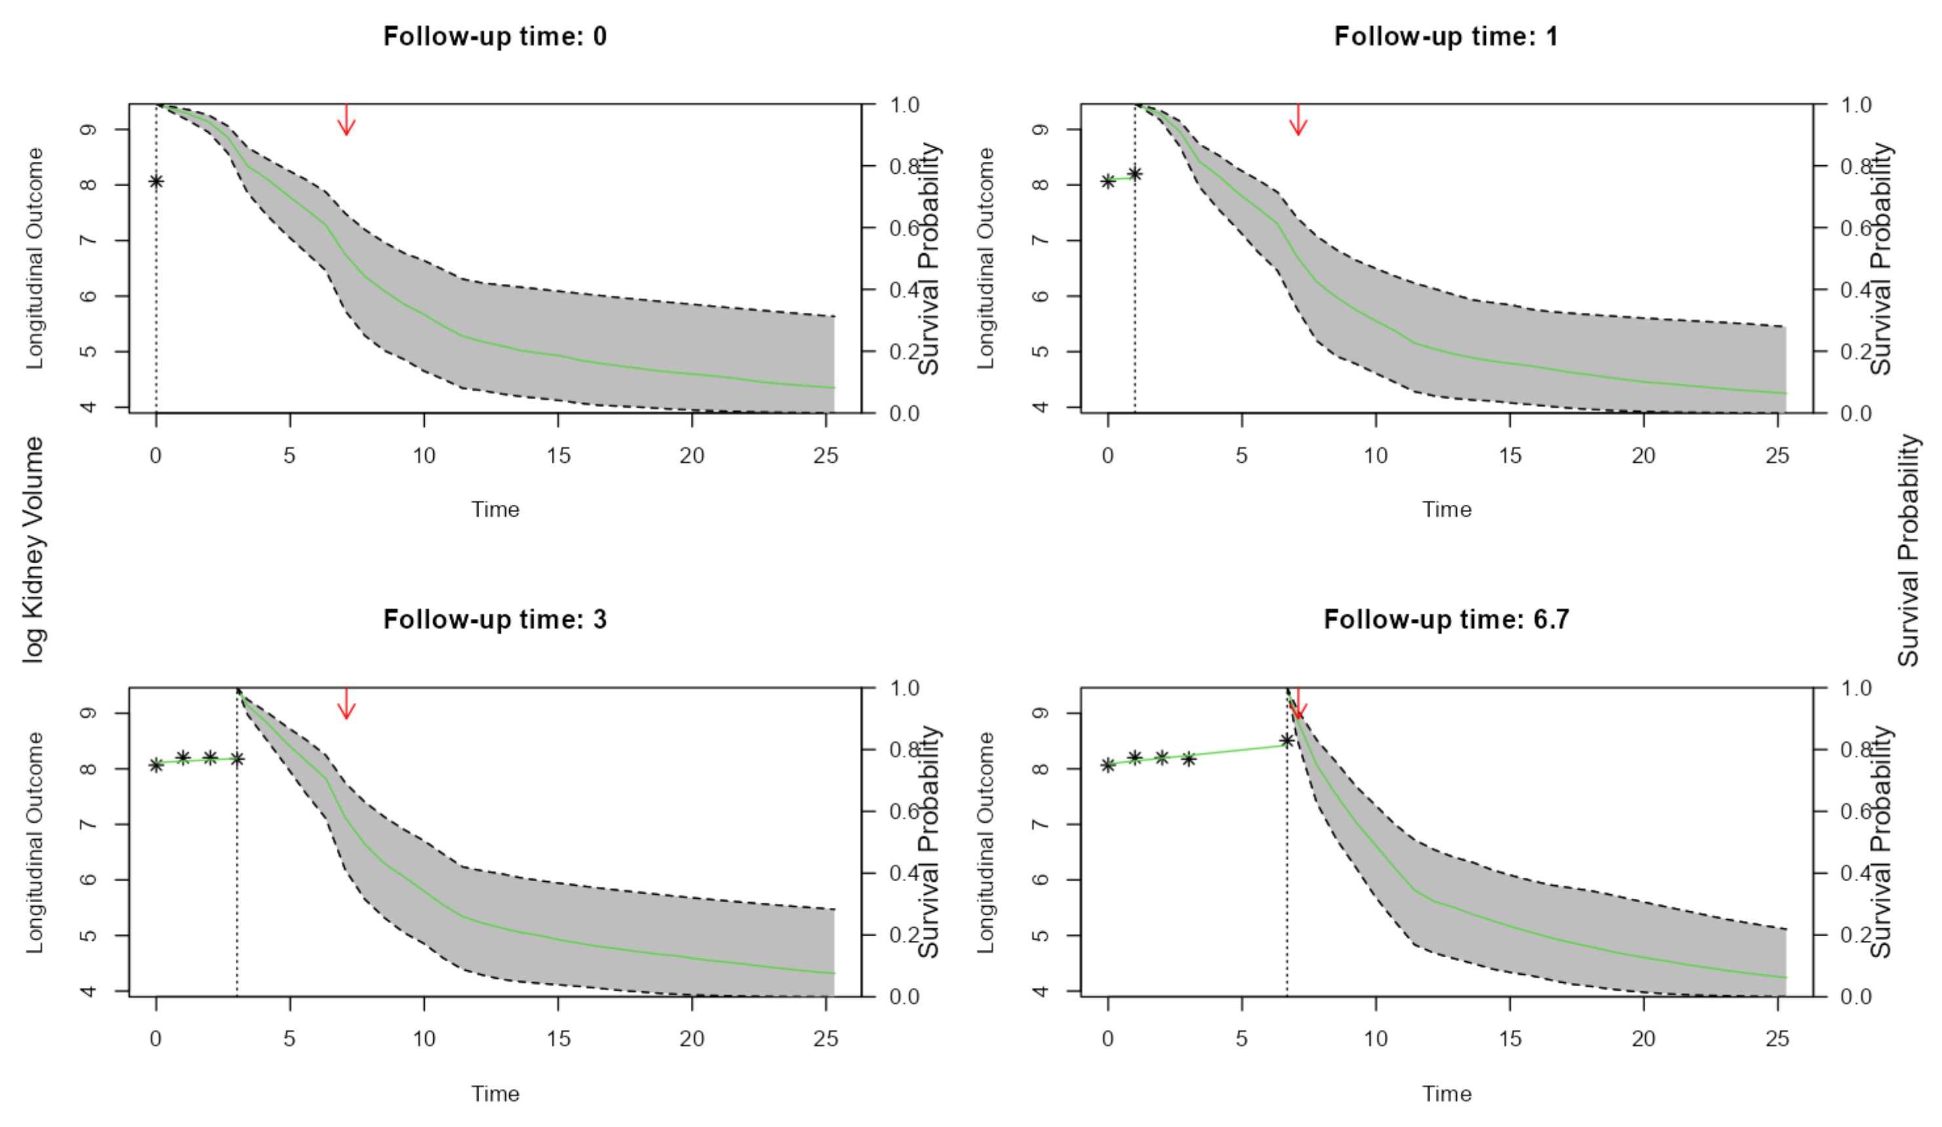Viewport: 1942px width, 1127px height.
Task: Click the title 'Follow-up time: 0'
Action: click(x=495, y=36)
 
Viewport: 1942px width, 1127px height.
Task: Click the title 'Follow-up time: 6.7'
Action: click(x=1446, y=619)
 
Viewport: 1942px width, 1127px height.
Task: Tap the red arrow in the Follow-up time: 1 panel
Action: click(x=1298, y=120)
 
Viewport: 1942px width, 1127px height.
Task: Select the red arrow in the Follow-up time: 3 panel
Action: click(x=347, y=703)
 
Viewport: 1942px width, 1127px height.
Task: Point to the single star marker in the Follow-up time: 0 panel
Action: click(x=157, y=181)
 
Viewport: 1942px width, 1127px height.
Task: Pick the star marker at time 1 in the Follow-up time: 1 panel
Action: click(x=1135, y=174)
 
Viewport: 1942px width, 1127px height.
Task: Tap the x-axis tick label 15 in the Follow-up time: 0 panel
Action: click(x=558, y=456)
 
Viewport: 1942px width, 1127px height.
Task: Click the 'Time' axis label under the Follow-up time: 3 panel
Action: click(x=495, y=1093)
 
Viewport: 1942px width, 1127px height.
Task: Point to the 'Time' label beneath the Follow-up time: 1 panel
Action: click(x=1447, y=509)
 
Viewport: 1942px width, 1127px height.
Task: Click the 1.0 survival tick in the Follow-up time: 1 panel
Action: click(x=1855, y=105)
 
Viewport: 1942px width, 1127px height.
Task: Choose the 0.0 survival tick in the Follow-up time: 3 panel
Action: click(x=904, y=997)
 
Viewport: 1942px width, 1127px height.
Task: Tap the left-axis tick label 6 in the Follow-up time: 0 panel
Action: click(x=89, y=296)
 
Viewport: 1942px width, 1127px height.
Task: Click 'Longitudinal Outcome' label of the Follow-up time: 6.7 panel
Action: click(x=986, y=842)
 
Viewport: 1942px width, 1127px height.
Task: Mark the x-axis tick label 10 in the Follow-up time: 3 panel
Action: click(x=424, y=1038)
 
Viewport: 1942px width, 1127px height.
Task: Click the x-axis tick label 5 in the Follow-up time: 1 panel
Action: click(x=1241, y=456)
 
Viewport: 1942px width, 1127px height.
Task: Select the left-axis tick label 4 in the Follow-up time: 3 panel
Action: click(x=89, y=991)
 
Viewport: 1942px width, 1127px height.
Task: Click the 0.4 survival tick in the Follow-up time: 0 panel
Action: click(x=904, y=290)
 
